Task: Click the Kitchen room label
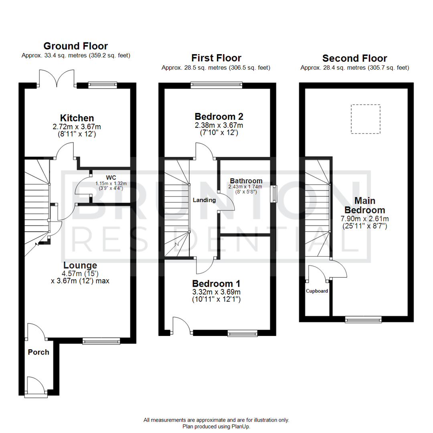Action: pyautogui.click(x=77, y=118)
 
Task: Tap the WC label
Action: pyautogui.click(x=111, y=177)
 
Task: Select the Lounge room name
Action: pyautogui.click(x=80, y=265)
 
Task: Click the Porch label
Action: pyautogui.click(x=38, y=352)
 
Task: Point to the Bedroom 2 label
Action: pyautogui.click(x=219, y=117)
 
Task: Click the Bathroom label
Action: pyautogui.click(x=246, y=181)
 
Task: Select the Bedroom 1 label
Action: pyautogui.click(x=216, y=283)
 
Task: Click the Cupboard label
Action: pyautogui.click(x=317, y=291)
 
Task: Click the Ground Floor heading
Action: pyautogui.click(x=75, y=46)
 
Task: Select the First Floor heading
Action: pyautogui.click(x=216, y=58)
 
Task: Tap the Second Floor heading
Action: pyautogui.click(x=354, y=59)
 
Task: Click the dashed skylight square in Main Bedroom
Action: pyautogui.click(x=365, y=119)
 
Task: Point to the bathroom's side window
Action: pyautogui.click(x=274, y=194)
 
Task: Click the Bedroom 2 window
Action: pyautogui.click(x=216, y=85)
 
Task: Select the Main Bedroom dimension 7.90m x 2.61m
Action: pyautogui.click(x=365, y=219)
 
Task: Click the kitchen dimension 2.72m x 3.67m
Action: pyautogui.click(x=77, y=126)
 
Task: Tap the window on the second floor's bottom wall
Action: pyautogui.click(x=363, y=319)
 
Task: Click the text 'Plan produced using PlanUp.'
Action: pyautogui.click(x=216, y=427)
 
